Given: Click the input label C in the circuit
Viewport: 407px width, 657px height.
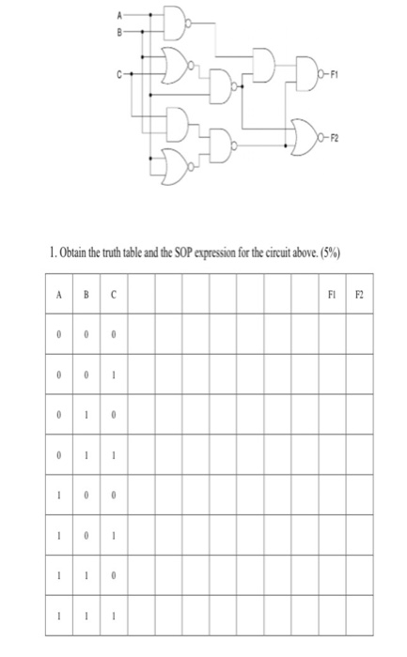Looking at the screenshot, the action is pyautogui.click(x=118, y=69).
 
